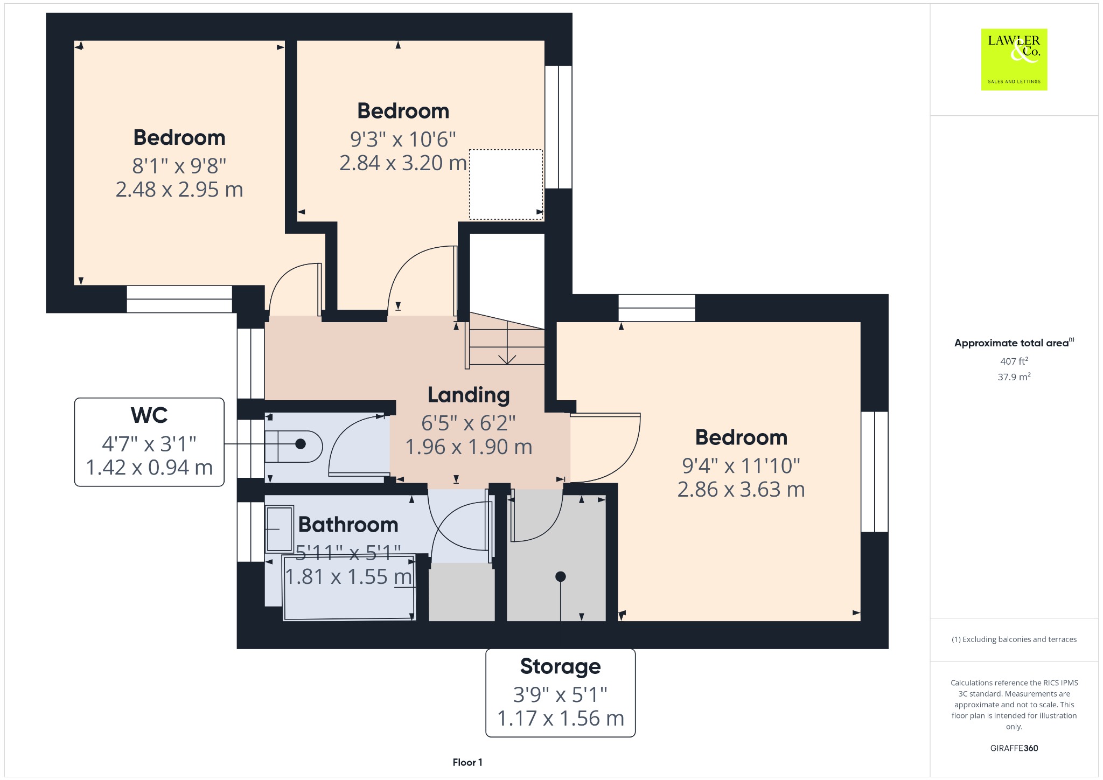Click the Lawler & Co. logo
[x=1014, y=59]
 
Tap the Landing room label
[x=469, y=395]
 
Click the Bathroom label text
[x=348, y=524]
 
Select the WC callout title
[x=149, y=415]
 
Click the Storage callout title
[x=560, y=667]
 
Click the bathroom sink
[x=279, y=529]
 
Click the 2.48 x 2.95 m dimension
[x=179, y=190]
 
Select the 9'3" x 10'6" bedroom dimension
[x=403, y=140]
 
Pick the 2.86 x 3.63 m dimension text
[x=741, y=490]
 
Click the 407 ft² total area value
[x=1014, y=361]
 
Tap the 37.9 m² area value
[x=1014, y=377]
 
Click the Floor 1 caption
[x=467, y=762]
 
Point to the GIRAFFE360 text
[x=1014, y=748]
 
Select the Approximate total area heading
[x=1014, y=343]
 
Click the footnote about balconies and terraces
[x=1014, y=639]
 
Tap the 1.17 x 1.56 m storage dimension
[x=560, y=719]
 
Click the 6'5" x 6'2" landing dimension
[x=469, y=423]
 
